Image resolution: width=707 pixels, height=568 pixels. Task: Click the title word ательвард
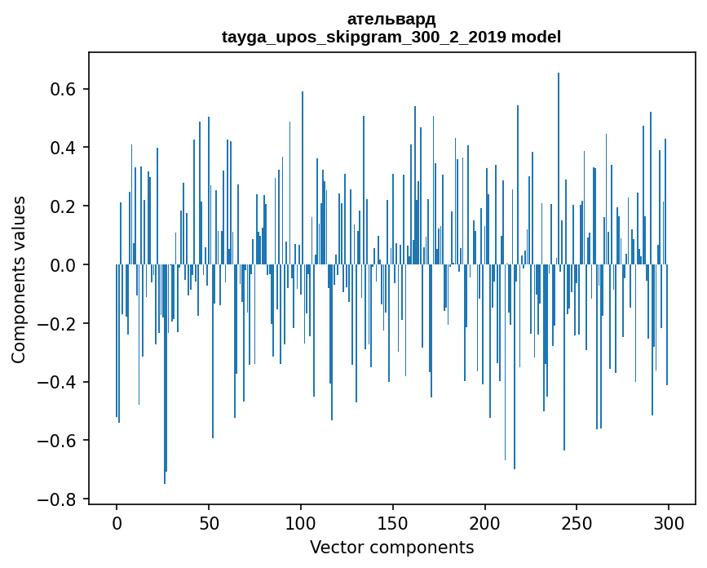click(391, 19)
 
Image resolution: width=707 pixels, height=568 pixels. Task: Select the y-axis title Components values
click(19, 279)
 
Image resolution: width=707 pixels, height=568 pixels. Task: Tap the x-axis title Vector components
click(391, 547)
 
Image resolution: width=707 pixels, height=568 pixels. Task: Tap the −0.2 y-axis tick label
click(59, 324)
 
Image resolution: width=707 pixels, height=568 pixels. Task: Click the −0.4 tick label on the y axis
click(59, 382)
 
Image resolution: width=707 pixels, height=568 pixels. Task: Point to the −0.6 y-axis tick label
click(59, 441)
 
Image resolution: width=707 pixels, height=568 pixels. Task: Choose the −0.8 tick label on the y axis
click(59, 499)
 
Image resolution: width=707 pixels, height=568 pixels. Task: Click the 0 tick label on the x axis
click(117, 523)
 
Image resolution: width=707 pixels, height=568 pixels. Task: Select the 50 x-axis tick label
click(209, 523)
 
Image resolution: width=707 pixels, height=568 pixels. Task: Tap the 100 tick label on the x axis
click(301, 523)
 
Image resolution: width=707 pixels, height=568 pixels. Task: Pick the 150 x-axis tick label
click(393, 523)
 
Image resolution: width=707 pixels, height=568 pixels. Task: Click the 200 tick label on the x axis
click(484, 523)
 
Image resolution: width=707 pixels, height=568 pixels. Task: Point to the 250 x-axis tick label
click(577, 523)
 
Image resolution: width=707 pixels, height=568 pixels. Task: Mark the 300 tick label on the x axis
click(669, 523)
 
